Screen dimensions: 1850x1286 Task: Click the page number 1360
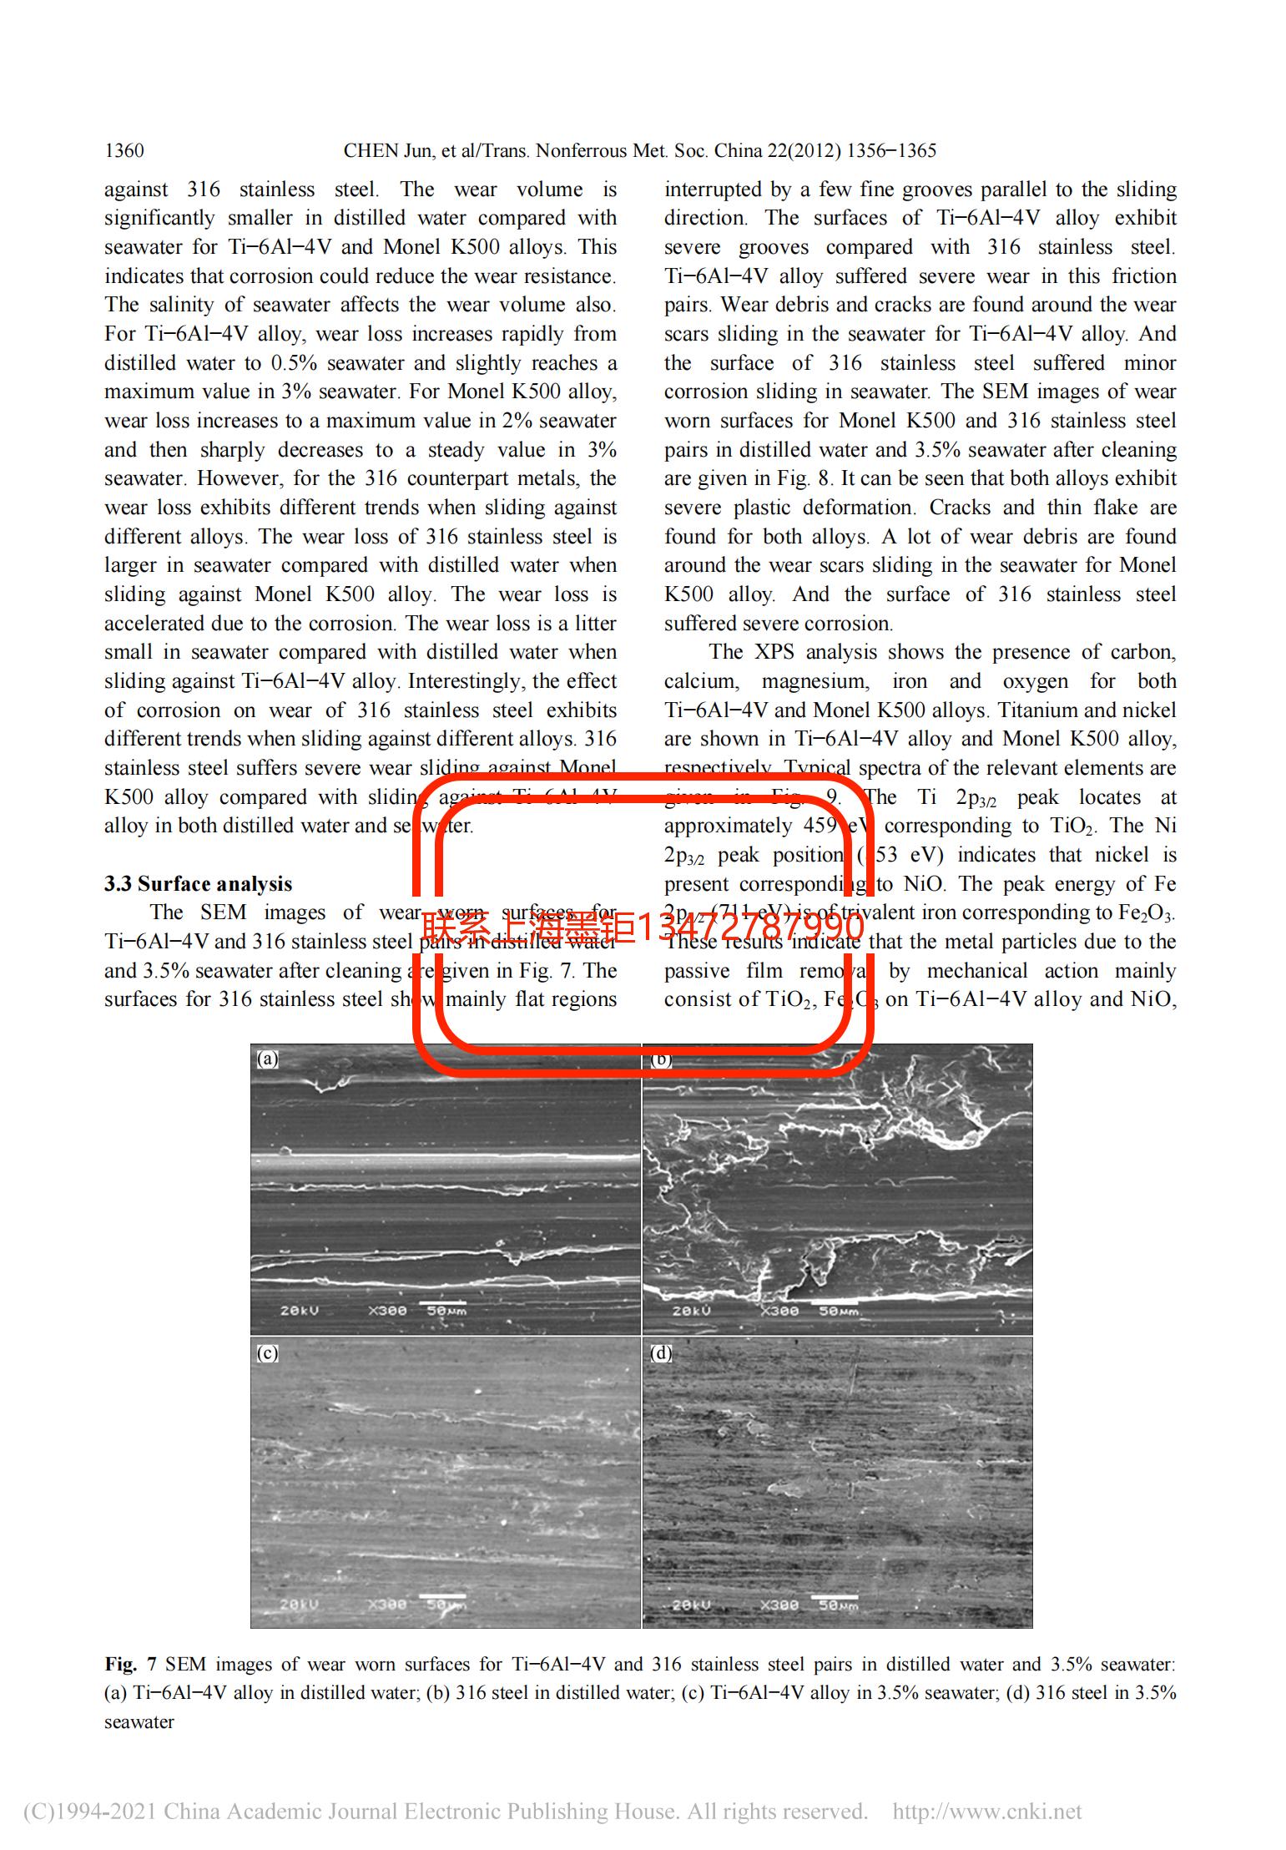[124, 151]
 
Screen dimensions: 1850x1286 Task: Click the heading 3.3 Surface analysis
[198, 884]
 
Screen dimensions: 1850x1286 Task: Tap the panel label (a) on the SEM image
[267, 1059]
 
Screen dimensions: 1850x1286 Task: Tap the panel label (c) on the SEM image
[267, 1353]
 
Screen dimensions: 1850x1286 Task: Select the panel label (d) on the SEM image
[661, 1353]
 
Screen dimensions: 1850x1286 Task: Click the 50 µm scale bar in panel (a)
[442, 1302]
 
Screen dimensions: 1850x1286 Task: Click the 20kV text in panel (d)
[692, 1605]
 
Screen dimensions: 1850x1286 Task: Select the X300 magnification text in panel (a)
[387, 1311]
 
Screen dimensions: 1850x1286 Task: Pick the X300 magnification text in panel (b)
[779, 1311]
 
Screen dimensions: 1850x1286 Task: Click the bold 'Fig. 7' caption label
[130, 1665]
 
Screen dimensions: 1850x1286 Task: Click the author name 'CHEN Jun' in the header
[383, 151]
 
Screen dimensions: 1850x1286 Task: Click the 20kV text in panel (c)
[299, 1605]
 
